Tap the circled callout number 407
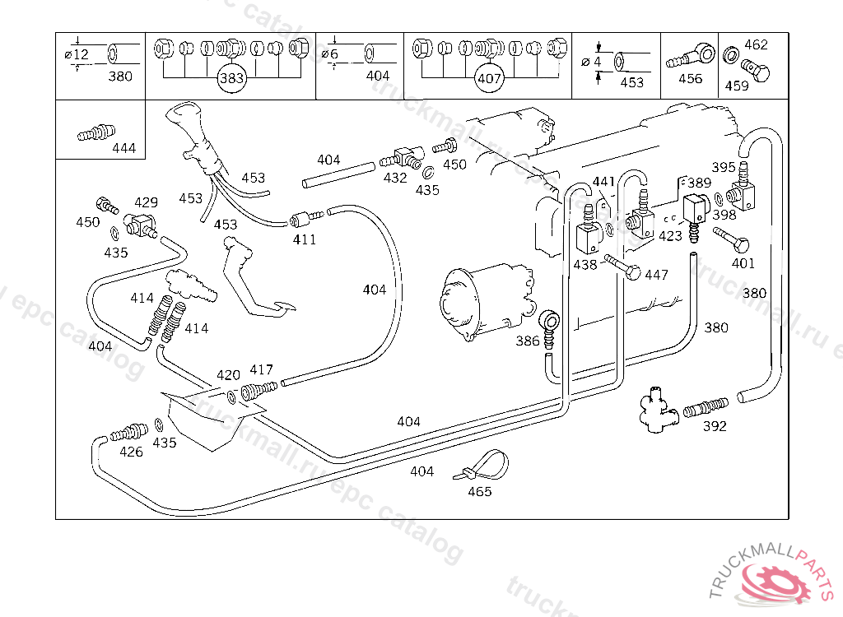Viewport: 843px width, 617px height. (x=489, y=80)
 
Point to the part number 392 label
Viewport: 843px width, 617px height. (x=715, y=426)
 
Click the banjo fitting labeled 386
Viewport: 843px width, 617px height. (x=549, y=319)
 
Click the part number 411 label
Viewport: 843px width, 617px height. (x=305, y=240)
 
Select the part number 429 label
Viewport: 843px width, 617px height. (x=146, y=202)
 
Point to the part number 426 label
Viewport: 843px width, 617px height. (x=131, y=452)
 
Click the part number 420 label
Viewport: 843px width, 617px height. (x=228, y=375)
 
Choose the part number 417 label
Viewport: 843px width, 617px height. (x=261, y=370)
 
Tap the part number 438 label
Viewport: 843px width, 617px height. (x=585, y=265)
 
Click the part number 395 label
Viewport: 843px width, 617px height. (x=723, y=168)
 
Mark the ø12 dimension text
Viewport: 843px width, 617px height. (x=76, y=54)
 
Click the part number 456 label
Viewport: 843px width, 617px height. (x=690, y=79)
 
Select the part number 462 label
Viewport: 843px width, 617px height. (x=756, y=45)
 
